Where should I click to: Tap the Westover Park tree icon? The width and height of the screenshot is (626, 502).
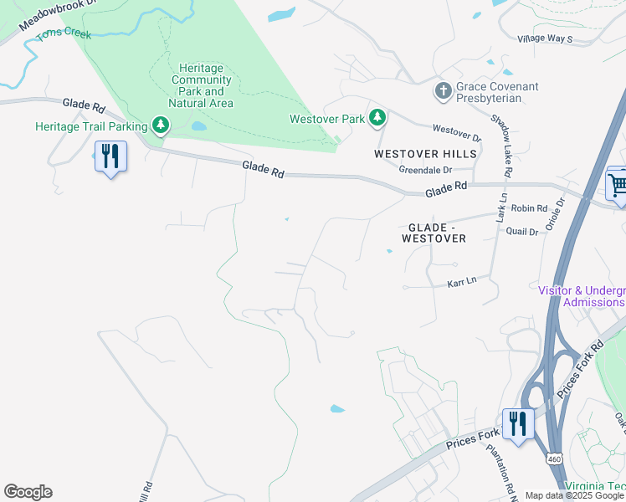(377, 119)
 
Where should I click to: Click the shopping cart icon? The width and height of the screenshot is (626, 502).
(618, 183)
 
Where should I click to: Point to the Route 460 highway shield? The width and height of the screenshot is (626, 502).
(554, 458)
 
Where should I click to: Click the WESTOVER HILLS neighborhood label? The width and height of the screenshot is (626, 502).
(425, 154)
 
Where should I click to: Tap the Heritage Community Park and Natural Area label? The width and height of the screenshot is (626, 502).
(201, 85)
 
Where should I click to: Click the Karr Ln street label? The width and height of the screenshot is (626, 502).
(461, 282)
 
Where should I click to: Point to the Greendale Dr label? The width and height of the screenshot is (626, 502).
(425, 170)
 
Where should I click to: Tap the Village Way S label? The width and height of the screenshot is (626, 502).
(545, 39)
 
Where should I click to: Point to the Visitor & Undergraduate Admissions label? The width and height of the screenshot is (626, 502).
(581, 296)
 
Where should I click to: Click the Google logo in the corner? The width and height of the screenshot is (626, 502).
(28, 492)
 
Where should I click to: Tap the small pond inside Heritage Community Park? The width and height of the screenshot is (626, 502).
(198, 126)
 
